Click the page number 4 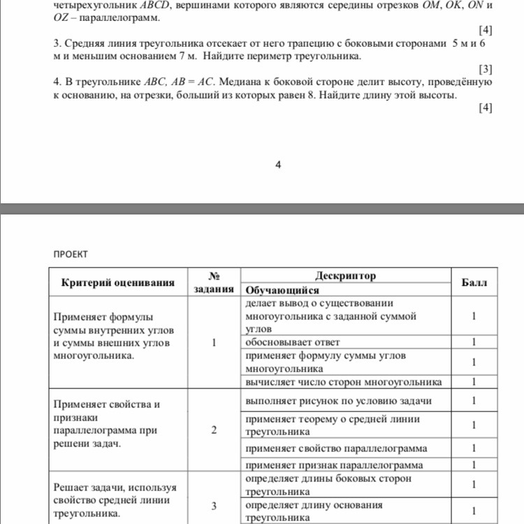tap(278, 165)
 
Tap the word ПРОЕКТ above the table tap(71, 254)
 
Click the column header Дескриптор tap(345, 276)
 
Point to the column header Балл tap(475, 282)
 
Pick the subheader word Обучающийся tap(282, 290)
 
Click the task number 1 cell tap(214, 342)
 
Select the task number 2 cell tap(214, 430)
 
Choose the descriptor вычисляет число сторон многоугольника tap(343, 382)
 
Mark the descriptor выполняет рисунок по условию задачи tap(338, 401)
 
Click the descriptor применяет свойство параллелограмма tap(336, 448)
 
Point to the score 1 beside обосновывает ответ tap(474, 342)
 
